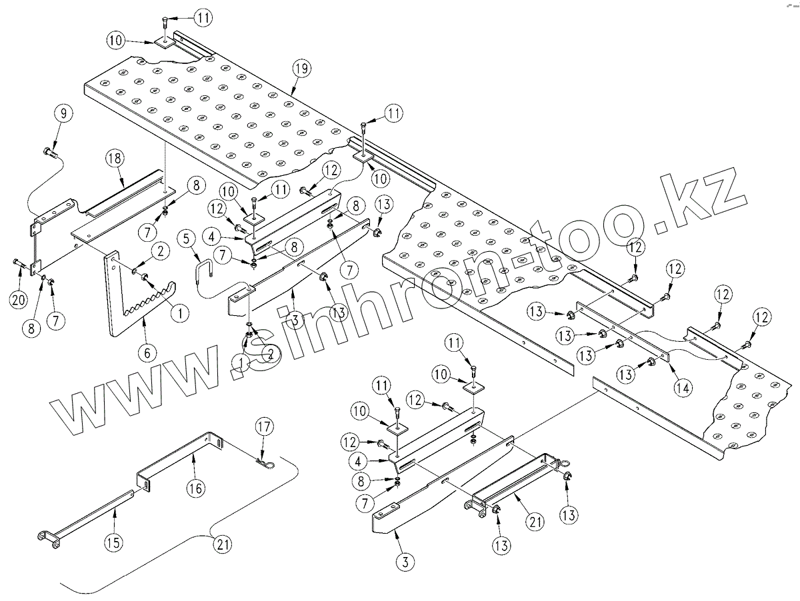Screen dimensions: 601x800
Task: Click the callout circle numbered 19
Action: [301, 69]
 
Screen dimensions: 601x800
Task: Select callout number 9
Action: [63, 114]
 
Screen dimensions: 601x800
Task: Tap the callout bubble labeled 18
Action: [115, 158]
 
